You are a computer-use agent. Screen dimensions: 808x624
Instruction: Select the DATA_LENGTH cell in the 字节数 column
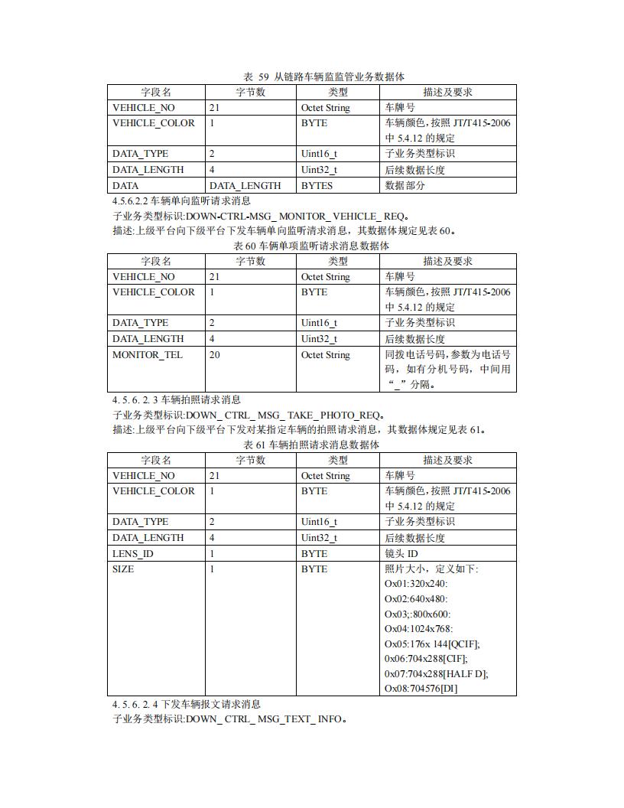point(245,185)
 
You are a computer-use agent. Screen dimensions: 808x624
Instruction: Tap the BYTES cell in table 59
point(317,185)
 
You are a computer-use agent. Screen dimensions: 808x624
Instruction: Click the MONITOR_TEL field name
point(148,355)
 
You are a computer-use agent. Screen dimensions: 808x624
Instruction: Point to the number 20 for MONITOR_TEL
point(215,355)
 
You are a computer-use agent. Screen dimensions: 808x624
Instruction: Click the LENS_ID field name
point(133,553)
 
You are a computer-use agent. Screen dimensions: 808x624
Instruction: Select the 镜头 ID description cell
point(401,553)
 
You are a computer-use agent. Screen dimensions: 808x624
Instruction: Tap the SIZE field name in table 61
point(123,569)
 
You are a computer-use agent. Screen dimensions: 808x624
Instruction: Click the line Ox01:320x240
point(416,584)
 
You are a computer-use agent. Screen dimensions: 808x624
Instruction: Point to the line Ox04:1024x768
point(419,628)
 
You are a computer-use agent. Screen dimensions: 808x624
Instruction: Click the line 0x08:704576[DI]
point(421,688)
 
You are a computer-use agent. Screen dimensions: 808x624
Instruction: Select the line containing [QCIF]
point(432,643)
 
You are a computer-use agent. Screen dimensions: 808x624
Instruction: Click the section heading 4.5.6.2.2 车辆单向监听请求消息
point(181,200)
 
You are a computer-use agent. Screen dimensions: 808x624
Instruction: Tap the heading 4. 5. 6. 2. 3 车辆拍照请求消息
point(177,399)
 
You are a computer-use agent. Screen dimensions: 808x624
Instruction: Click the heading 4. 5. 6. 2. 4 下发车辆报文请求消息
point(187,704)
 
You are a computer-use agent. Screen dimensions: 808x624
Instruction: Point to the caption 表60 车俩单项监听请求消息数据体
point(311,246)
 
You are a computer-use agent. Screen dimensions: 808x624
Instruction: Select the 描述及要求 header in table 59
point(447,93)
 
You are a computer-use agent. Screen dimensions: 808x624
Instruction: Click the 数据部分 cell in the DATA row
point(405,185)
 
